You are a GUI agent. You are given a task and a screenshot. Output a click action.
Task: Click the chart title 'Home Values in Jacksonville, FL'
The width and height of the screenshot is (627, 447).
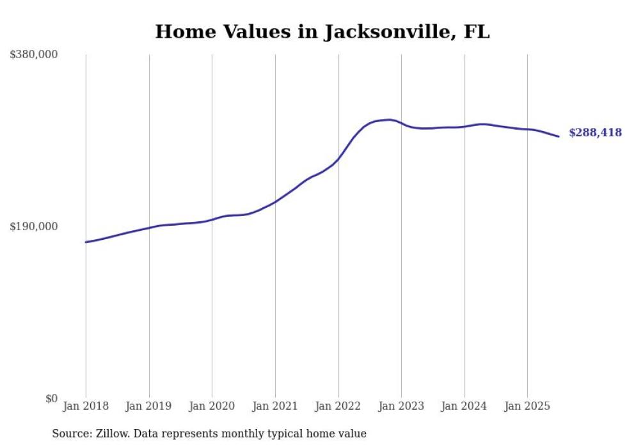(x=322, y=31)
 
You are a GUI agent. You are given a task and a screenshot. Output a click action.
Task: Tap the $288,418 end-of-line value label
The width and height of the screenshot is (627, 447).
(x=595, y=133)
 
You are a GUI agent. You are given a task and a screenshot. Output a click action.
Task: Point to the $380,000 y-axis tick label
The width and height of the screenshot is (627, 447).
(x=34, y=55)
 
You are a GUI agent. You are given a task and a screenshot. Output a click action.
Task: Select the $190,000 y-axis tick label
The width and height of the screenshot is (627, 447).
(x=34, y=226)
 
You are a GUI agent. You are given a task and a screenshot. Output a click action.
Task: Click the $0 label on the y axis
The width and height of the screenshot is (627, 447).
(x=51, y=399)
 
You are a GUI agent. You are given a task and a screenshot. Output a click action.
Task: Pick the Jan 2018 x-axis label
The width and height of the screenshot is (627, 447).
(x=86, y=406)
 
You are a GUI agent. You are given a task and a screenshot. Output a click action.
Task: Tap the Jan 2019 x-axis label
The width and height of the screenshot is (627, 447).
(x=149, y=406)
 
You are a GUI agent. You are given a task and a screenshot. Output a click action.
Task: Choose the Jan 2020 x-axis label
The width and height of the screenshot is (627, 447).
(x=212, y=406)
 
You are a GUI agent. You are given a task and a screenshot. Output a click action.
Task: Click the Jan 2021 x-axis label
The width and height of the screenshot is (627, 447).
(x=275, y=406)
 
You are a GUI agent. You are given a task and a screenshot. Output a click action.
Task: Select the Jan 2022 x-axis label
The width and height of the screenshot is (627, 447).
(x=338, y=406)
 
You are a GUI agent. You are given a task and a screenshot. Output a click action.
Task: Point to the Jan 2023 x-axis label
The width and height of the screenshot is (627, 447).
(x=401, y=406)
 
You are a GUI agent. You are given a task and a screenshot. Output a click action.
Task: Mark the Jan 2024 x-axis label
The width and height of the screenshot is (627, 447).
(x=464, y=406)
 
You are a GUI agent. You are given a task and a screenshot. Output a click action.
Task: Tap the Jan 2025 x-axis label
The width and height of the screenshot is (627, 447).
(x=527, y=406)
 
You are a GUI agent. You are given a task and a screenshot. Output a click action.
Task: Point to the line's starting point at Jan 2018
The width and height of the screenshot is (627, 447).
(x=86, y=242)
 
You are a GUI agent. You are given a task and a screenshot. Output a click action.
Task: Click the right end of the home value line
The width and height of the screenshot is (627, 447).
(x=559, y=136)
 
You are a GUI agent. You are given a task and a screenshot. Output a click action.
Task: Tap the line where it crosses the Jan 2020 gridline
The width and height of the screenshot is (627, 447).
(x=212, y=220)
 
